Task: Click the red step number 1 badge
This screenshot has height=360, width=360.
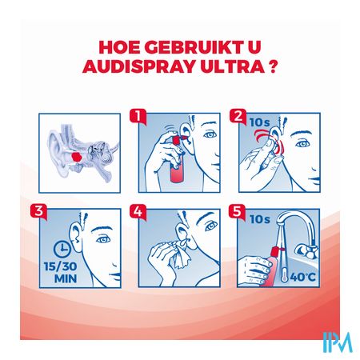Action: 138,116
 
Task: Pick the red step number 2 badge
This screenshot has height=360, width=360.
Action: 238,116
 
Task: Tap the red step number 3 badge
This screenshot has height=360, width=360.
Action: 38,211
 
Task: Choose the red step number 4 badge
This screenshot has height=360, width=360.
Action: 138,211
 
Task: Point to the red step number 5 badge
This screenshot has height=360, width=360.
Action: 237,211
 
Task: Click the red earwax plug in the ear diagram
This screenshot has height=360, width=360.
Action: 77,157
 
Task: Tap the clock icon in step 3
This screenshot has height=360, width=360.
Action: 62,249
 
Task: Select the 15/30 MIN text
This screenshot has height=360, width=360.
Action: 61,272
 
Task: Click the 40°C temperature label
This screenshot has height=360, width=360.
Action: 302,277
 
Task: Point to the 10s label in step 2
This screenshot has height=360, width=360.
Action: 259,122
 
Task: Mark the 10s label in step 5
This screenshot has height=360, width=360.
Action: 259,219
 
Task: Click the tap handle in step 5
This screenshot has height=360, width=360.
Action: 306,250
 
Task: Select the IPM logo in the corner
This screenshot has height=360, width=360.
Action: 338,342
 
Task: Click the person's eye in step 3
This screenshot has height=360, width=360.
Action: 103,239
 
